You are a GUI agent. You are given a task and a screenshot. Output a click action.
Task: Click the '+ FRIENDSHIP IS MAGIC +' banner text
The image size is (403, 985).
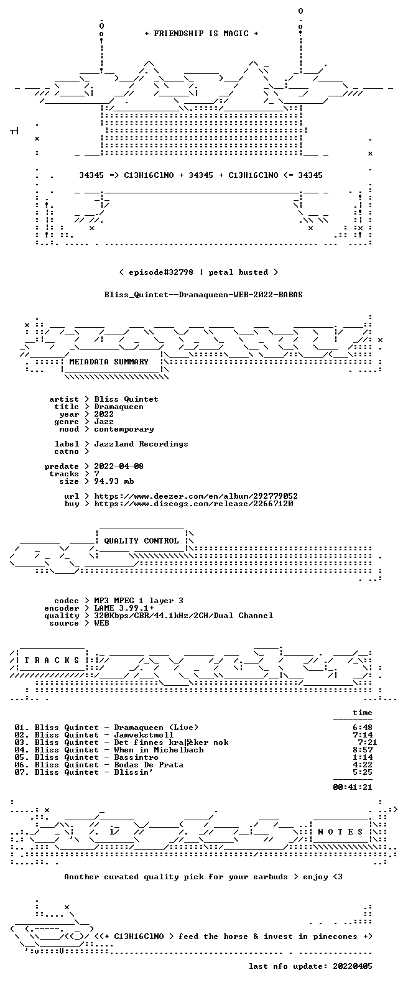tap(201, 34)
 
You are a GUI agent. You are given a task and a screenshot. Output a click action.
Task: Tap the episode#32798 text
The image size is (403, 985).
tap(160, 272)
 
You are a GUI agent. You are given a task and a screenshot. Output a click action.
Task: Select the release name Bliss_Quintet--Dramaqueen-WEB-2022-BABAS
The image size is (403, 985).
tap(203, 295)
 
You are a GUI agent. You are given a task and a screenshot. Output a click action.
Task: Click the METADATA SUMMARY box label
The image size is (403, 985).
tap(109, 362)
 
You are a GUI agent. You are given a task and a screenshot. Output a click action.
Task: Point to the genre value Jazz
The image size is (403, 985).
tap(104, 422)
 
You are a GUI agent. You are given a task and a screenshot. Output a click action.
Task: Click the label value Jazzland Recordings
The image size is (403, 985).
tap(141, 444)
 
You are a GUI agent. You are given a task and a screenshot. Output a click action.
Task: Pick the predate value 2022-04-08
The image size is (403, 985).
tap(119, 466)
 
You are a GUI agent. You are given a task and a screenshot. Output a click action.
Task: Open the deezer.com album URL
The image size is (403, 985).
tap(196, 496)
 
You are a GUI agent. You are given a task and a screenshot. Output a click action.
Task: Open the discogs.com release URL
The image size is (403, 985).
tap(193, 504)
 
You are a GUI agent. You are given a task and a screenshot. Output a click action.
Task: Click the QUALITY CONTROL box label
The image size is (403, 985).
tap(141, 541)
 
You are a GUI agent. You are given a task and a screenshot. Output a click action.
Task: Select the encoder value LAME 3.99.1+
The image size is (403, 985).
tap(124, 608)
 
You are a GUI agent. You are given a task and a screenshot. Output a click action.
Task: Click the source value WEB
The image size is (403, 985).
tap(101, 623)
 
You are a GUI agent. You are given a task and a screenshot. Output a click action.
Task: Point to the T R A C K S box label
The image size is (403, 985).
tap(52, 660)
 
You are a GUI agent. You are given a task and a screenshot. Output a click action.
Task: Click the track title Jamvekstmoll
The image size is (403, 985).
tap(144, 735)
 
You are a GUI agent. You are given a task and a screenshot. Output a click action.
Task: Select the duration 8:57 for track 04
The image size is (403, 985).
tap(363, 750)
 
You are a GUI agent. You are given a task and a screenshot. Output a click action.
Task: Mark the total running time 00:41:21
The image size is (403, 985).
tap(353, 787)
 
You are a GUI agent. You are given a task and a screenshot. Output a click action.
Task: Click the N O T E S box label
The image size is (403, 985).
tap(340, 832)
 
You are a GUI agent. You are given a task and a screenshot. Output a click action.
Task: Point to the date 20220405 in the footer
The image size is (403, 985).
tap(353, 966)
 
